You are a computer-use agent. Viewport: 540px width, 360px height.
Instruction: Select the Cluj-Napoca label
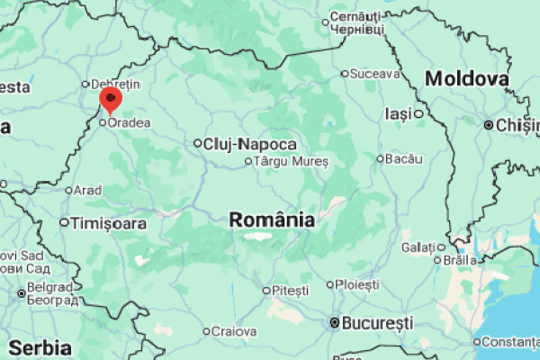tap(250, 144)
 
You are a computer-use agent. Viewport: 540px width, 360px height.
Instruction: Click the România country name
tap(272, 220)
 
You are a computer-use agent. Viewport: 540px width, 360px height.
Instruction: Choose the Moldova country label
tap(467, 79)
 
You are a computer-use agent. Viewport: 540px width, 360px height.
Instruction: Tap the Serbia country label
tap(40, 347)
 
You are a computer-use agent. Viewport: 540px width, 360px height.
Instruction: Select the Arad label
tap(88, 191)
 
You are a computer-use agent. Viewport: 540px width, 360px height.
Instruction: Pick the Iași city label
tap(398, 113)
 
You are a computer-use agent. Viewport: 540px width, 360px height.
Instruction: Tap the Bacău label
tap(404, 159)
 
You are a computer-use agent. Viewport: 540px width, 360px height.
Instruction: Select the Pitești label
tap(290, 291)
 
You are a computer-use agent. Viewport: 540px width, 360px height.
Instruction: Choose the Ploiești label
tap(358, 284)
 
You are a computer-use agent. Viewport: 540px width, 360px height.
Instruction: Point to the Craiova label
tap(234, 331)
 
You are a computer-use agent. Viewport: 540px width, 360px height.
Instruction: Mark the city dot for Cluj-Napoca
tap(198, 142)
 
